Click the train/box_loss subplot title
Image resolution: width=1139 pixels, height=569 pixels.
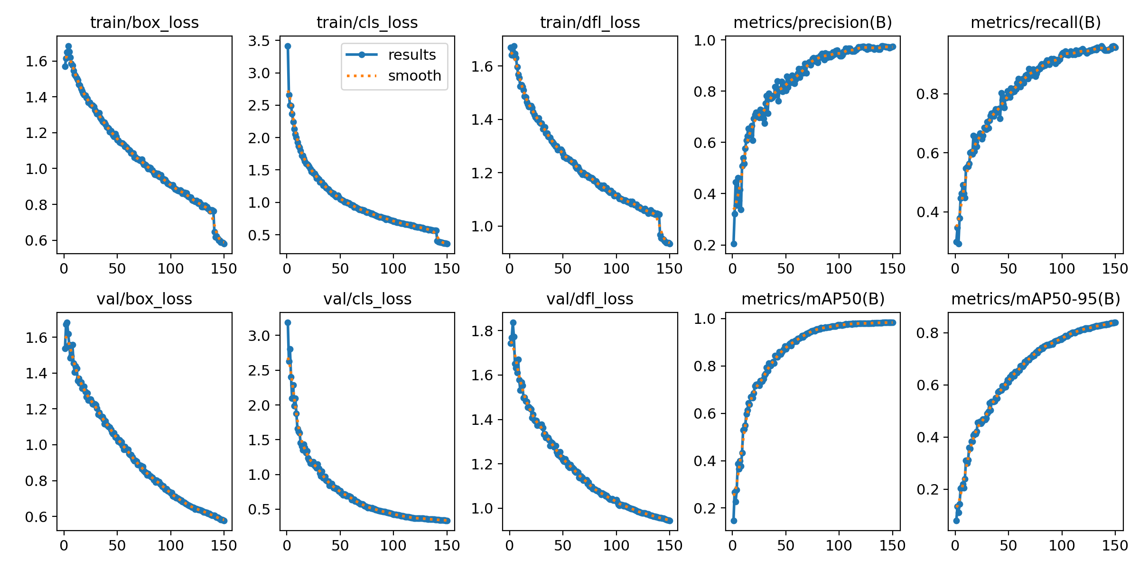(x=144, y=22)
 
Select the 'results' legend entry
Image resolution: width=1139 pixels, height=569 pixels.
(x=411, y=55)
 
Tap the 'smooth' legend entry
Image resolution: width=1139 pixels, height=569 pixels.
(x=414, y=76)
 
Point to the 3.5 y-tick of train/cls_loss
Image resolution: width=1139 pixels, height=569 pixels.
(x=259, y=41)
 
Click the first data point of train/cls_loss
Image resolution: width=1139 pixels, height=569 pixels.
(x=288, y=46)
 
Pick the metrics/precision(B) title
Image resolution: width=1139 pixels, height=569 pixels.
(x=812, y=22)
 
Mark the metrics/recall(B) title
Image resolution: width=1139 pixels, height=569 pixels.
(x=1036, y=22)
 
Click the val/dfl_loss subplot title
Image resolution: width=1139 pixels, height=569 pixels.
(x=590, y=299)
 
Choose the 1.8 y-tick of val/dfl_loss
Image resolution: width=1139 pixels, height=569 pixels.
(x=482, y=331)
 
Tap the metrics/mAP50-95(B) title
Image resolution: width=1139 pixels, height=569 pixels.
(x=1036, y=299)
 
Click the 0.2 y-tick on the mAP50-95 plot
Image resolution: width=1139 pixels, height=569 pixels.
(x=928, y=489)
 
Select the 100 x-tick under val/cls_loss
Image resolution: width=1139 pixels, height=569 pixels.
(x=393, y=546)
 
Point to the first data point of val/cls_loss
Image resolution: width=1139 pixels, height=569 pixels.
(x=288, y=322)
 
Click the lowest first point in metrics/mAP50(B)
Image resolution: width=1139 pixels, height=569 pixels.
(x=734, y=521)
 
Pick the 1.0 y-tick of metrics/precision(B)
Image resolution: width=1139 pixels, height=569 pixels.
(x=705, y=40)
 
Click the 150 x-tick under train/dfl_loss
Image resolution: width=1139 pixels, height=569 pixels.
(x=669, y=269)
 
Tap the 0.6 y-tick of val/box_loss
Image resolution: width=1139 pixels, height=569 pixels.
(x=37, y=517)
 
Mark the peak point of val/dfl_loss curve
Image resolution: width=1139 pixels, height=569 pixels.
(x=513, y=322)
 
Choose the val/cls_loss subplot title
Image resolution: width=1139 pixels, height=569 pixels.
(x=367, y=299)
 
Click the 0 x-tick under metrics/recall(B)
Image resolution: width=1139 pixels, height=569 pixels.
(x=955, y=269)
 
